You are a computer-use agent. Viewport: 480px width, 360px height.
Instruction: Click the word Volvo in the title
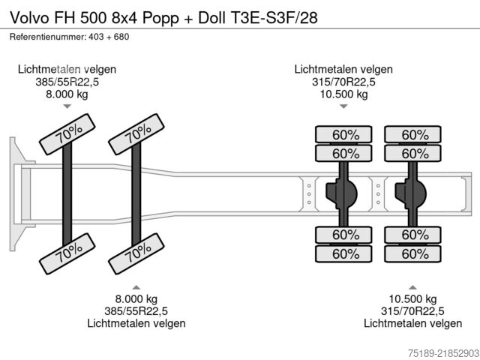[30, 18]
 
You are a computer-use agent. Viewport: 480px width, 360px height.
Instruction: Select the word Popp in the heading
[160, 19]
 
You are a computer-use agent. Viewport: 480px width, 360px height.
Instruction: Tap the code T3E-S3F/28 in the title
[273, 18]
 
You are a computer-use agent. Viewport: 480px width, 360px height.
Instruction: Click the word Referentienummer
[47, 37]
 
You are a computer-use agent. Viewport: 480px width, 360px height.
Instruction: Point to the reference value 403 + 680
[109, 37]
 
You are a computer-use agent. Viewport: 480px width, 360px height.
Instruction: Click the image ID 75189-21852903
[443, 352]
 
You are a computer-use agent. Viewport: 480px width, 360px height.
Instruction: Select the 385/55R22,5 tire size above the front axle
[67, 82]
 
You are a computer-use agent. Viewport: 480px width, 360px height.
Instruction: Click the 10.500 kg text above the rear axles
[343, 94]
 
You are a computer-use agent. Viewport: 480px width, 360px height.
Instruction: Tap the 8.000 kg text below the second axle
[136, 298]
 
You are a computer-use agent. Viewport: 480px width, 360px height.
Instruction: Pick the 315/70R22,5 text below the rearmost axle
[412, 311]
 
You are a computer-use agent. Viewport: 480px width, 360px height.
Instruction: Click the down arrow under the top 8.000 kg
[67, 106]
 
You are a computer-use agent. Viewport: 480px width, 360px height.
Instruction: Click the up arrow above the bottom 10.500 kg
[412, 287]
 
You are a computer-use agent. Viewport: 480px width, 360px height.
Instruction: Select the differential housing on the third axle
[341, 193]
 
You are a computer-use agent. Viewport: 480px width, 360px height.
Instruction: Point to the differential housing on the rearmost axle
[410, 193]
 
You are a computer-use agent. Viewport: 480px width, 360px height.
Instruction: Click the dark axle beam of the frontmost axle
[67, 193]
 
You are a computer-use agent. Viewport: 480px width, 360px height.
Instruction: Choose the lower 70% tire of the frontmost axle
[67, 253]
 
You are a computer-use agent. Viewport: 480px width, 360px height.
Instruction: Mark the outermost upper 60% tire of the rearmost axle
[412, 134]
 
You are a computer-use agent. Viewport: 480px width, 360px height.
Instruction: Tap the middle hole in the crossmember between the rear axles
[378, 194]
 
